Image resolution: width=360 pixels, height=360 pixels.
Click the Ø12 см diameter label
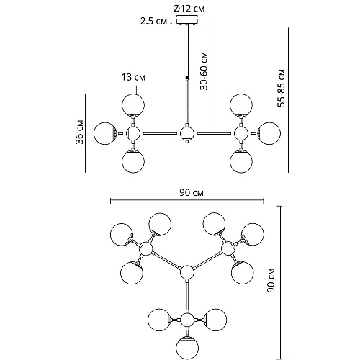189,9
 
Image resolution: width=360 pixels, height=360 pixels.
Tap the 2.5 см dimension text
153,22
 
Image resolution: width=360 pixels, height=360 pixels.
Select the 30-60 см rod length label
204,71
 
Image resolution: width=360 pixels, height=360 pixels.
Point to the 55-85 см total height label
281,88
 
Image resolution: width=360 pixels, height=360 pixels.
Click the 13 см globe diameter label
133,77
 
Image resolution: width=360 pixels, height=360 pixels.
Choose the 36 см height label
79,132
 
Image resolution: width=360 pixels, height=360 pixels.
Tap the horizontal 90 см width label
192,192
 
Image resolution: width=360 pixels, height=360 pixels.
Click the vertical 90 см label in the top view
271,280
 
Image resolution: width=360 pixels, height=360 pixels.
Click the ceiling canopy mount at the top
187,21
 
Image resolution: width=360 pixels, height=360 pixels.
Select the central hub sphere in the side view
186,133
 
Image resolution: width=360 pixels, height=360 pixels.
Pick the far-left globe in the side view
105,133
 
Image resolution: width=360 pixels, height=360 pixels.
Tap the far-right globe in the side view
269,133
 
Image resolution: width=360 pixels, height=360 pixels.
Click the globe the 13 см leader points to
133,105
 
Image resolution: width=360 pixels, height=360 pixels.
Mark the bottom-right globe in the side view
241,161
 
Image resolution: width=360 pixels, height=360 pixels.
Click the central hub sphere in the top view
186,272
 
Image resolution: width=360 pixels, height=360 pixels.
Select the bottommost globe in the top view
187,348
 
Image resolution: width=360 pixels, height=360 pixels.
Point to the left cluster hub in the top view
145,248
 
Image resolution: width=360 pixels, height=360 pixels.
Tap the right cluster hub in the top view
228,248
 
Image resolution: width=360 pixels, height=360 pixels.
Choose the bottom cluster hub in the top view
187,320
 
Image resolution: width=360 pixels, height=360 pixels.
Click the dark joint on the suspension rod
186,78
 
